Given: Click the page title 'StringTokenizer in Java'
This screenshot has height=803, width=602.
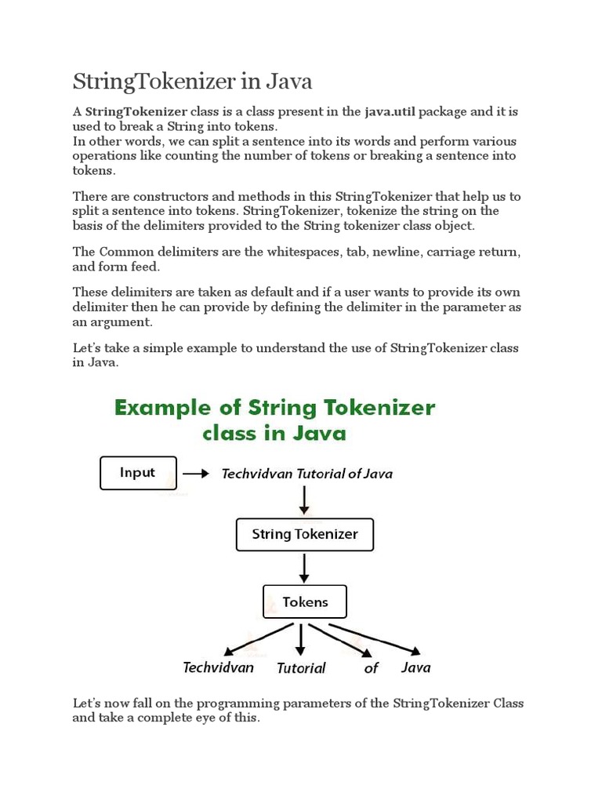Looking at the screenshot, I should (x=193, y=81).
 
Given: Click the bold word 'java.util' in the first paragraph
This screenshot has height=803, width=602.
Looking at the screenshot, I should (x=390, y=111).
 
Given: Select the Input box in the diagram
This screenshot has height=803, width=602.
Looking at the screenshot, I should (x=138, y=473).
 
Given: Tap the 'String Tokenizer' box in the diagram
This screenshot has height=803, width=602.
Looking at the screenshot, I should (x=305, y=535).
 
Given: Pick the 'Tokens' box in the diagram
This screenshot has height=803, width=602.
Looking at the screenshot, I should (x=304, y=602).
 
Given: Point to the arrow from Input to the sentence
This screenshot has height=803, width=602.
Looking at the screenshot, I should (x=196, y=474).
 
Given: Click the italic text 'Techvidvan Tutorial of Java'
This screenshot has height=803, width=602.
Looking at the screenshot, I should (x=307, y=474).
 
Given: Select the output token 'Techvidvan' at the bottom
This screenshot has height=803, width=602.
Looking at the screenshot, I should (x=219, y=667).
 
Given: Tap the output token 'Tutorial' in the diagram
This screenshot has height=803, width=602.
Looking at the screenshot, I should (x=301, y=668).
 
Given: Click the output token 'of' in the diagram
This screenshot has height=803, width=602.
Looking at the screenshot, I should (x=371, y=668).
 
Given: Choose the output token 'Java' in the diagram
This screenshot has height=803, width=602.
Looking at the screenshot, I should (x=415, y=667).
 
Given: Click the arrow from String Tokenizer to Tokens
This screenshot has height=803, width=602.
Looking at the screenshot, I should (x=304, y=567).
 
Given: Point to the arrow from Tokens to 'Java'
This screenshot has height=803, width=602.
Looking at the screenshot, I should (x=375, y=638).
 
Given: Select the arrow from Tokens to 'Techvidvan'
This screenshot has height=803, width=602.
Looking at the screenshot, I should (x=259, y=639).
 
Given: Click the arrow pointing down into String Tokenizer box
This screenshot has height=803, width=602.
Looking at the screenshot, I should (x=304, y=502).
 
